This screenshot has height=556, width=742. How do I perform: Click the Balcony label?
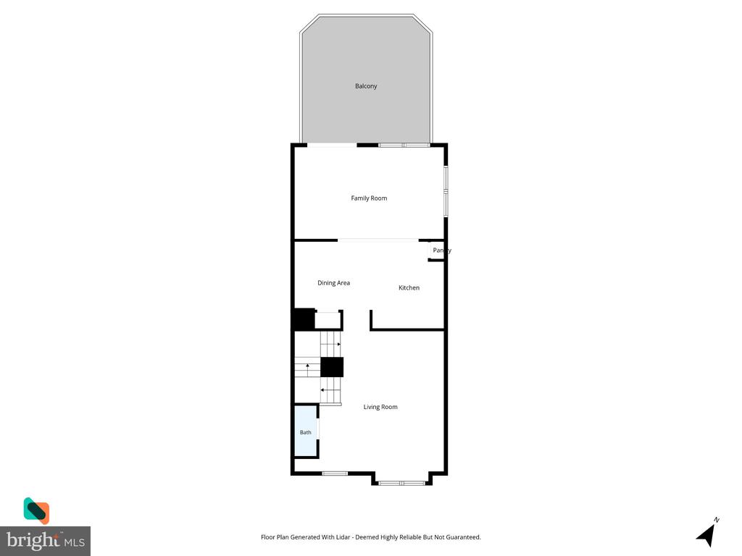(x=366, y=86)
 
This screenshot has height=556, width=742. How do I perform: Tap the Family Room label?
(x=369, y=198)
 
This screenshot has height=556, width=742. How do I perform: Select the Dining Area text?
(x=333, y=283)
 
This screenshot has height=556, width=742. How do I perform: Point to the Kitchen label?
(x=409, y=287)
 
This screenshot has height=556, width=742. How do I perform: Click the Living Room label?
(x=380, y=407)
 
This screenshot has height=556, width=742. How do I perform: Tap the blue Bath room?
(x=306, y=431)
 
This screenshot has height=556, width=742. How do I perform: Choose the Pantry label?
(x=442, y=250)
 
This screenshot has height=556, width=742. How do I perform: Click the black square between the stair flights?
(x=332, y=367)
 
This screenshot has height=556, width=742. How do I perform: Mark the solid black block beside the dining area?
(x=303, y=319)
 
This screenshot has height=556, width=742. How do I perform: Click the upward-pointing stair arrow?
(x=307, y=367)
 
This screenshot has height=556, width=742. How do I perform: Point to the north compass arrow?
(x=706, y=535)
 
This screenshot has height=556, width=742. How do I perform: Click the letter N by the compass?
(x=717, y=520)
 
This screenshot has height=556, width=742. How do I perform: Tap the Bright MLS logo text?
(x=46, y=540)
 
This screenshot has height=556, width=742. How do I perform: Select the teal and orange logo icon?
(x=36, y=510)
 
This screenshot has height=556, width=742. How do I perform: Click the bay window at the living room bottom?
(x=401, y=483)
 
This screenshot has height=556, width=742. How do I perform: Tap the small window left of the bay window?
(x=335, y=473)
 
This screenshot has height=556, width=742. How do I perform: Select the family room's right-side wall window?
(x=446, y=191)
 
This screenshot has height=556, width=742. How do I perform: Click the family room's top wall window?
(x=404, y=145)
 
